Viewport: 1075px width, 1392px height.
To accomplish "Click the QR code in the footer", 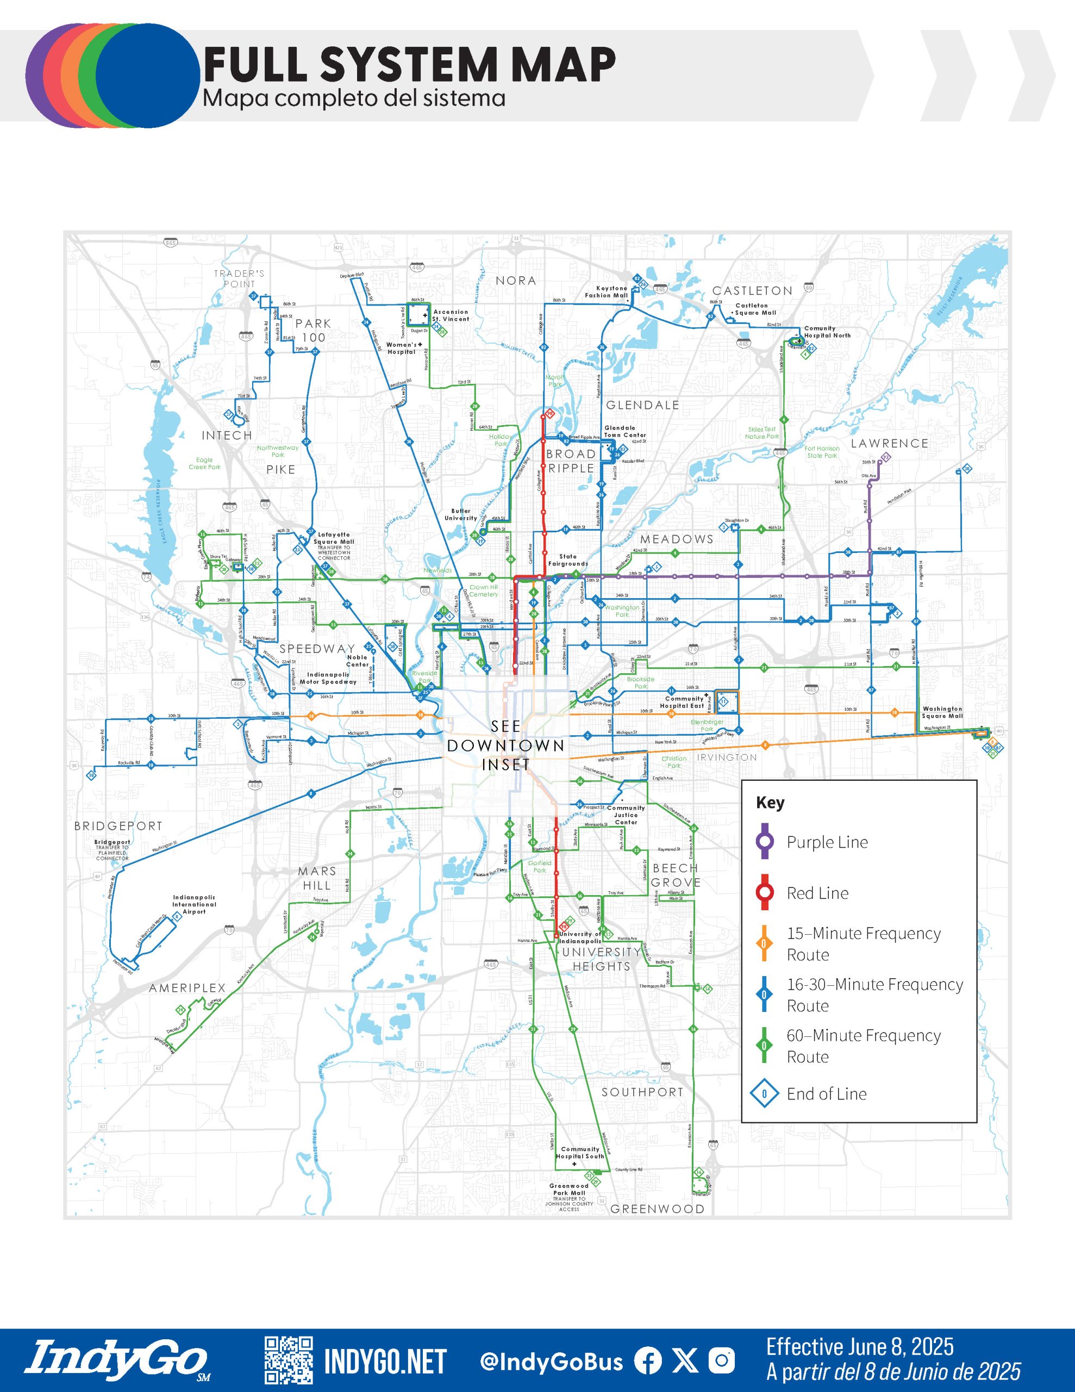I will point(289,1361).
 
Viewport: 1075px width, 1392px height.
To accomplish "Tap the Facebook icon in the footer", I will point(647,1361).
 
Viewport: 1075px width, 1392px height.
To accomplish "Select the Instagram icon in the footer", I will point(722,1361).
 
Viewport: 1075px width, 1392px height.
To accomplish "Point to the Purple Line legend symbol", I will point(765,842).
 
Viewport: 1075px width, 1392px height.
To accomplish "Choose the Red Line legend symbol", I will point(765,893).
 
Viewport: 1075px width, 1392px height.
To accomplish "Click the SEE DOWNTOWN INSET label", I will point(505,745).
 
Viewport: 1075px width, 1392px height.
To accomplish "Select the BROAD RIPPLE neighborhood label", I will point(571,461).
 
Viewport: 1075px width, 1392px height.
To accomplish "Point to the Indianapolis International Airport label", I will point(195,904).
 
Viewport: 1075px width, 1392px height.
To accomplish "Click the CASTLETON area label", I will point(752,291).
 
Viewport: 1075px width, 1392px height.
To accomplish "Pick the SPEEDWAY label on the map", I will point(317,649).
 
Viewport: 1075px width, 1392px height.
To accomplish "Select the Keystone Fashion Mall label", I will point(607,292).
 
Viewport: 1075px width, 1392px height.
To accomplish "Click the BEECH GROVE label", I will point(676,875).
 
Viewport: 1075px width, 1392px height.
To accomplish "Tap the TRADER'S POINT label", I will point(239,278).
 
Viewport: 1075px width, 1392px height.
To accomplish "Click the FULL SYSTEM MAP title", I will point(409,64).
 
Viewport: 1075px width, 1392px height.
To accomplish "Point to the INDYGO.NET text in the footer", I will point(385,1362).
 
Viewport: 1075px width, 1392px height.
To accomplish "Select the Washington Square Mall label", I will point(942,712).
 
